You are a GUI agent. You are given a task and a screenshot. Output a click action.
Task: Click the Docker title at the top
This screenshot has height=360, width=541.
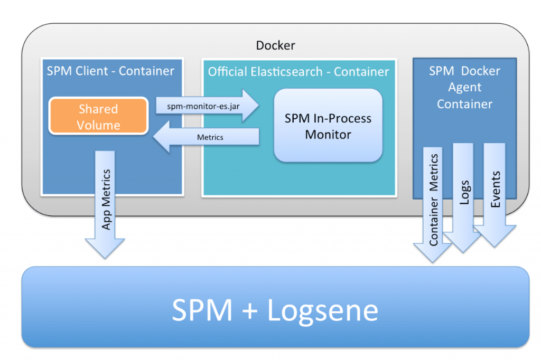click(x=275, y=45)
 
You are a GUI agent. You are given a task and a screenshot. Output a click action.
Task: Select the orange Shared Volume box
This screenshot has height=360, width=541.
click(x=98, y=117)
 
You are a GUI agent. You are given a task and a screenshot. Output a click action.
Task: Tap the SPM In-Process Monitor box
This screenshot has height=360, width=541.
click(x=328, y=126)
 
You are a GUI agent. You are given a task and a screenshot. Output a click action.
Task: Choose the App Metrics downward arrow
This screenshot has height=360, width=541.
click(x=106, y=201)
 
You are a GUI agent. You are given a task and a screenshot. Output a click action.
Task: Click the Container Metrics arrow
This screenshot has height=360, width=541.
click(x=433, y=201)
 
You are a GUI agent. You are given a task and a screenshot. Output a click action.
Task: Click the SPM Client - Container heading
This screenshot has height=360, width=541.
click(x=110, y=71)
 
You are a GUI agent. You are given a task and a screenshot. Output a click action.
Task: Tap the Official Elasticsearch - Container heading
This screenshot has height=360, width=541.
click(x=299, y=72)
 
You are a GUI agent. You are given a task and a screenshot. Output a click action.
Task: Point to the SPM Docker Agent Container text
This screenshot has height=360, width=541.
click(x=464, y=88)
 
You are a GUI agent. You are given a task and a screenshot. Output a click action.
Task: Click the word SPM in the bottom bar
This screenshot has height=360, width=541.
click(x=202, y=310)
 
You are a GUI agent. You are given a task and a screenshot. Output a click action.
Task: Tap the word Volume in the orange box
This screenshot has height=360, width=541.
click(x=98, y=125)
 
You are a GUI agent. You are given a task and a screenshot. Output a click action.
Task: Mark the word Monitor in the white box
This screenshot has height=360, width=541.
click(x=328, y=135)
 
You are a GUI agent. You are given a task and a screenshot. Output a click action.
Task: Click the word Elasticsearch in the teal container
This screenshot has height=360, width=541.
click(x=281, y=72)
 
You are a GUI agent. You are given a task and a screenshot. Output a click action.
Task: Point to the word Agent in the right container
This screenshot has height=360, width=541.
click(x=464, y=88)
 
